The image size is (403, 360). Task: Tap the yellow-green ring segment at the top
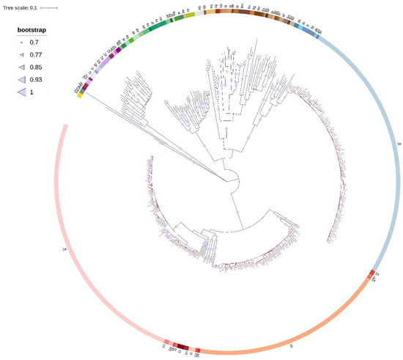coord(188,15)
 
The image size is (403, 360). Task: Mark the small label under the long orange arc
coord(292,344)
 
